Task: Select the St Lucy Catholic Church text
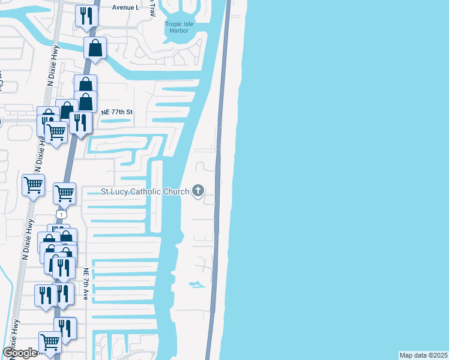145,192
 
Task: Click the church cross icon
198,192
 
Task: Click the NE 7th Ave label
86,284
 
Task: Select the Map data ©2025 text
423,355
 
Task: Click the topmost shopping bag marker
95,47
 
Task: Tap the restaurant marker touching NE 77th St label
80,122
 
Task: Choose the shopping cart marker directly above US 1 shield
64,193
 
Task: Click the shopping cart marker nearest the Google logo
50,342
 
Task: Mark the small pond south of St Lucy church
195,284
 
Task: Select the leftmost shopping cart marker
33,185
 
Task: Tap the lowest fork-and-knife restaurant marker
65,328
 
